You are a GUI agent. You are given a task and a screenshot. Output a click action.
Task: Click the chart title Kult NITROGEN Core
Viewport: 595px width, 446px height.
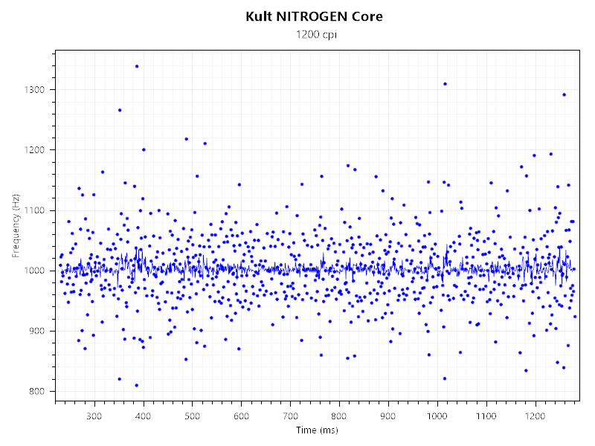pyautogui.click(x=315, y=16)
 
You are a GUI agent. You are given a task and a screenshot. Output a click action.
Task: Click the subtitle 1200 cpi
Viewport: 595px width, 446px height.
pyautogui.click(x=315, y=34)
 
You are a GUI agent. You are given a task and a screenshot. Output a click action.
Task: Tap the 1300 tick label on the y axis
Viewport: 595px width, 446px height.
pyautogui.click(x=35, y=90)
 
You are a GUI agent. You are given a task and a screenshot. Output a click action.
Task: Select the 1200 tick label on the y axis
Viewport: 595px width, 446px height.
pyautogui.click(x=35, y=150)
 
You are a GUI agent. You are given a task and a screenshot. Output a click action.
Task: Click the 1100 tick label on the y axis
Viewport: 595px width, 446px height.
pyautogui.click(x=35, y=210)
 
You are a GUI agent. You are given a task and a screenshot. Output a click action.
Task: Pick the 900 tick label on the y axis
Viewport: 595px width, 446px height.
pyautogui.click(x=37, y=331)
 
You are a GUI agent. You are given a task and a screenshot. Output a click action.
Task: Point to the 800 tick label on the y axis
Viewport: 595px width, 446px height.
pyautogui.click(x=37, y=392)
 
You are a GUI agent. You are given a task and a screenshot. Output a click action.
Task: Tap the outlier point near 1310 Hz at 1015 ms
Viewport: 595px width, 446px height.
pyautogui.click(x=445, y=84)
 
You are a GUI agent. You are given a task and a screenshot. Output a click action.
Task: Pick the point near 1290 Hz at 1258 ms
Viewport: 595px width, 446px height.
pyautogui.click(x=564, y=94)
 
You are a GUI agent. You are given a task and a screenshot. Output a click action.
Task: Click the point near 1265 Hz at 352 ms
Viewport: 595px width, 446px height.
pyautogui.click(x=119, y=110)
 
